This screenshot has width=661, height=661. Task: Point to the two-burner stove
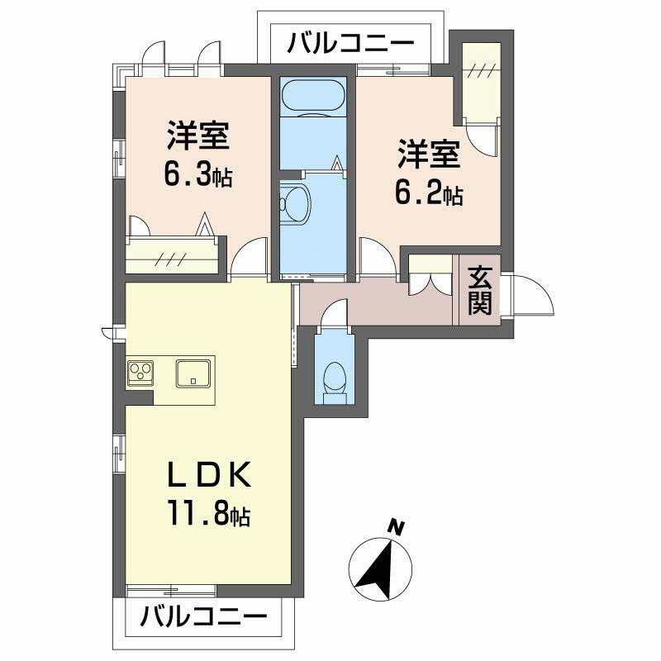140,373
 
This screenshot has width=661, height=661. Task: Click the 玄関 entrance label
480,291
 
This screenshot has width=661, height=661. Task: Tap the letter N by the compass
397,526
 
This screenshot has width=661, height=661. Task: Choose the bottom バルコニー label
203,617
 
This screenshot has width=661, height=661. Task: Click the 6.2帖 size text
427,195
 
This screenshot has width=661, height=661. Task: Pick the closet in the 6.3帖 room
174,255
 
